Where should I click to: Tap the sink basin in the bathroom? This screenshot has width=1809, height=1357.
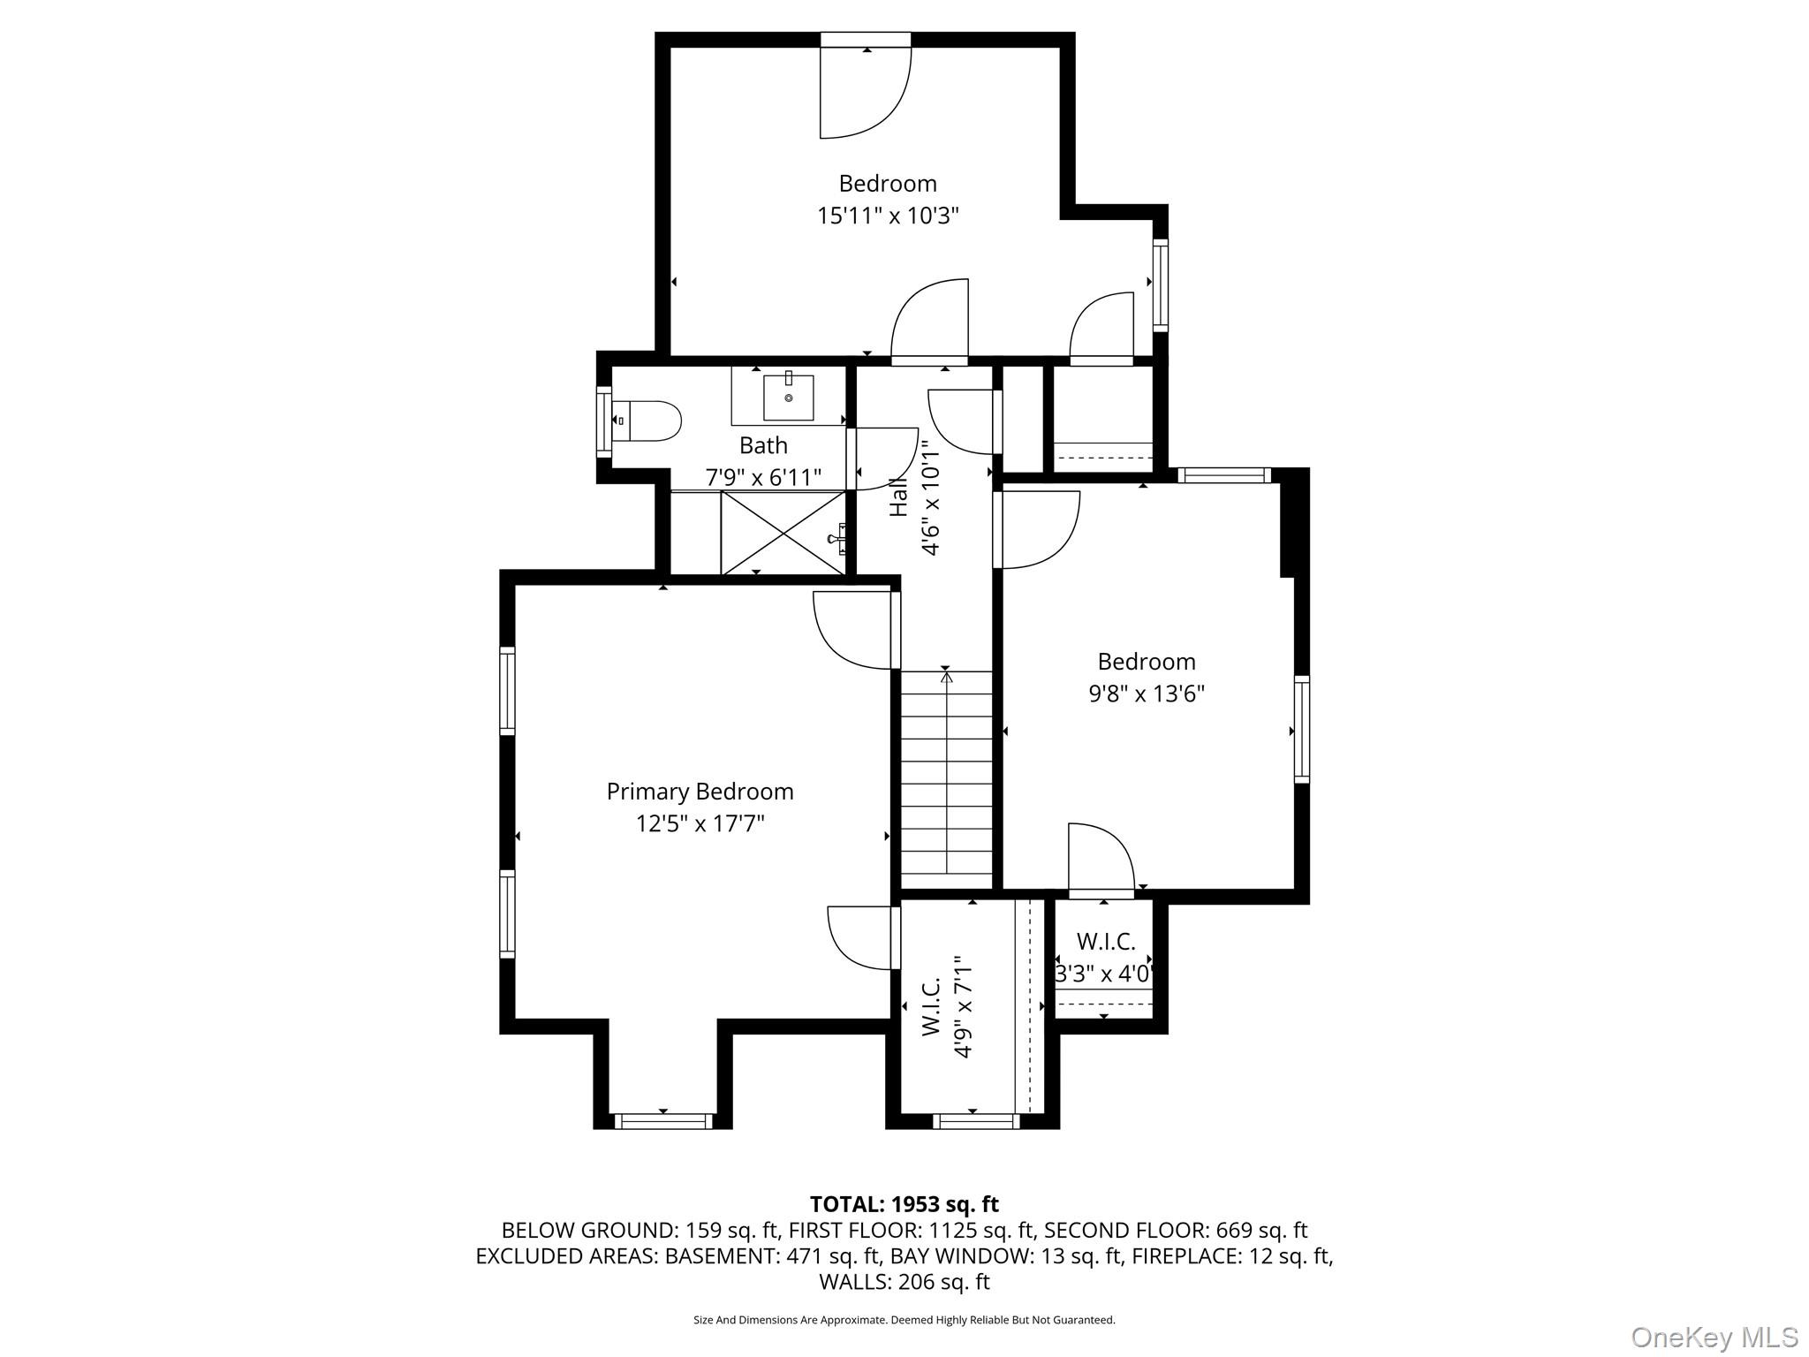[x=788, y=398]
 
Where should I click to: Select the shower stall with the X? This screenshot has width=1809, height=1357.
[x=784, y=533]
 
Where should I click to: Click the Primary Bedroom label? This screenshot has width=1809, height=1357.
[x=700, y=792]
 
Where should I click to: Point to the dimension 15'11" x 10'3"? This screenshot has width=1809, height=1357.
[x=888, y=216]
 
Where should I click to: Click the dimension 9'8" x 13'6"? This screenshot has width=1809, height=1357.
[x=1147, y=694]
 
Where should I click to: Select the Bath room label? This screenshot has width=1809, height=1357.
[x=763, y=445]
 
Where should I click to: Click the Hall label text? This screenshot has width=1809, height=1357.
[x=899, y=498]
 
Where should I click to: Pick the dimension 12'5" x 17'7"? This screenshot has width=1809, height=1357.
[x=700, y=823]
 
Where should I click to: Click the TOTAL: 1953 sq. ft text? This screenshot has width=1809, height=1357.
[x=904, y=1203]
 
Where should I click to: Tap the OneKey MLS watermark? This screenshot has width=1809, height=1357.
[x=1714, y=1337]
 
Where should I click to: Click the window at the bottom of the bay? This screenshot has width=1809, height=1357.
[x=662, y=1121]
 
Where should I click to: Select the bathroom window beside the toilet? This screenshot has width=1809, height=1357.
[x=604, y=421]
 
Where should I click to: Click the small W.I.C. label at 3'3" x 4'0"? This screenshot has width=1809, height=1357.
[x=1106, y=942]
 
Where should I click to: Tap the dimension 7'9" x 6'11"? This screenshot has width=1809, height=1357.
[x=763, y=477]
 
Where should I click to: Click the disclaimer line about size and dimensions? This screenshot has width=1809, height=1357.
[x=904, y=1320]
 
